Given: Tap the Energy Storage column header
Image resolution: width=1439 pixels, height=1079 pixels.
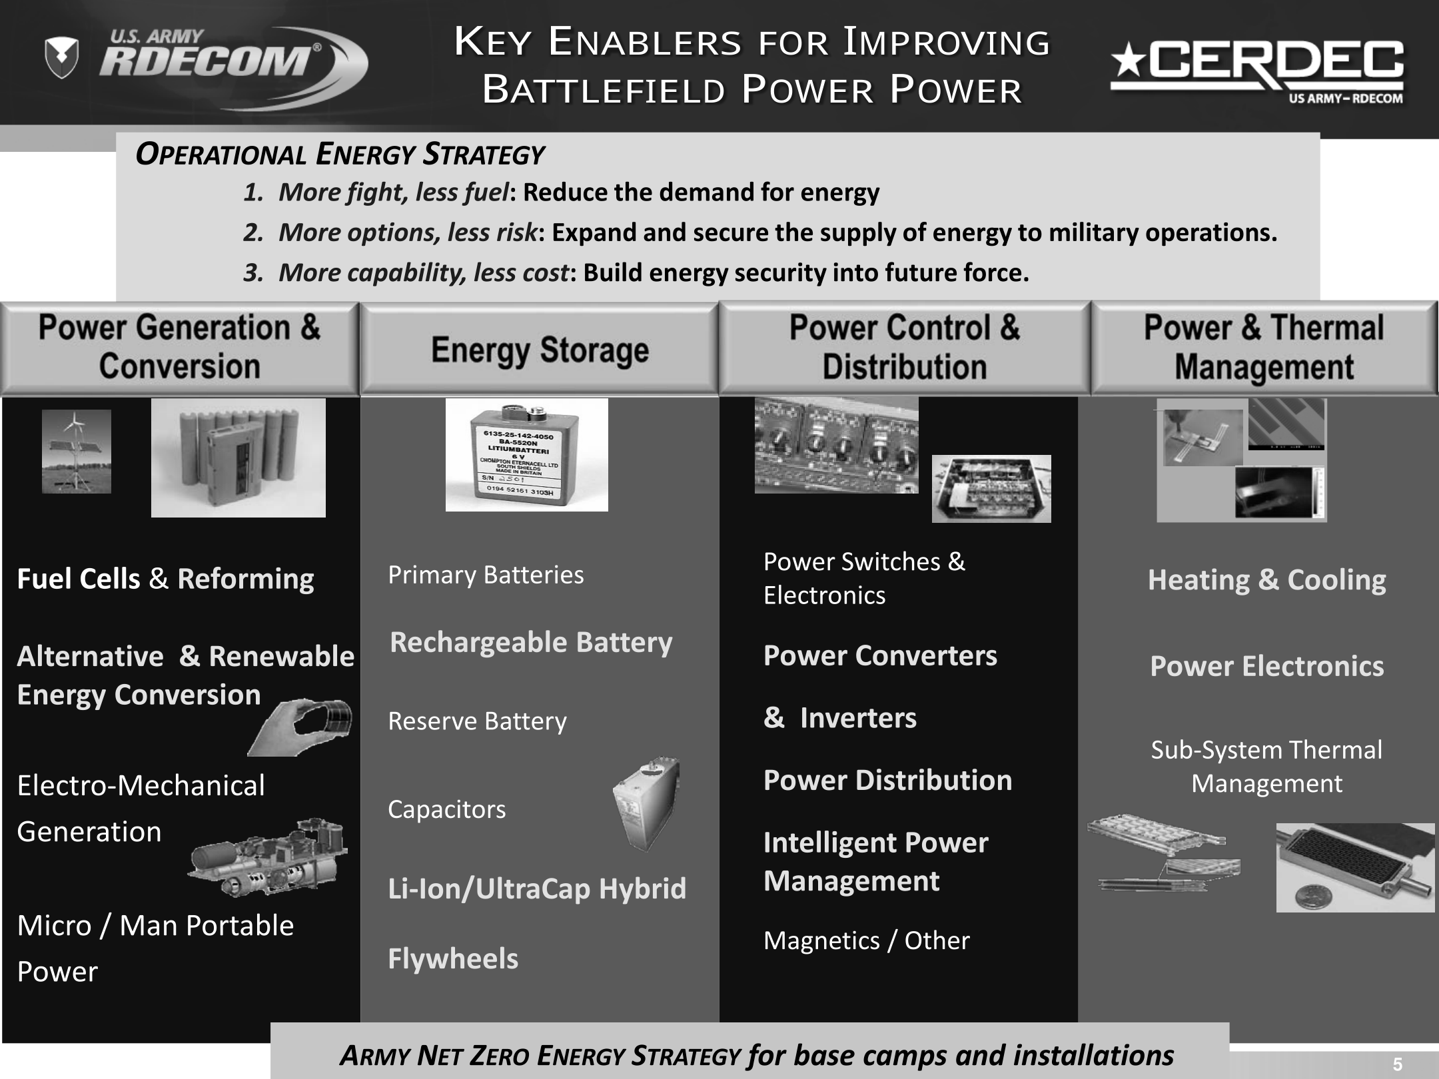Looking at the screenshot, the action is pyautogui.click(x=540, y=350).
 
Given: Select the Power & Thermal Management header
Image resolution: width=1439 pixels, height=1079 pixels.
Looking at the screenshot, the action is pyautogui.click(x=1264, y=347).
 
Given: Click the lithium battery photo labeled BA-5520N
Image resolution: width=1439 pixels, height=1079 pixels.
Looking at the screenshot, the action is pyautogui.click(x=526, y=455).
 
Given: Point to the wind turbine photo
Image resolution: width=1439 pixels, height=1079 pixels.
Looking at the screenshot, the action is pyautogui.click(x=77, y=452).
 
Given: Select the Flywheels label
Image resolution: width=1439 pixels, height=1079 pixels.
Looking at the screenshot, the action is pyautogui.click(x=453, y=958).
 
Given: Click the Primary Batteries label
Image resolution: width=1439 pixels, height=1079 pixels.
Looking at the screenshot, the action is pyautogui.click(x=486, y=574).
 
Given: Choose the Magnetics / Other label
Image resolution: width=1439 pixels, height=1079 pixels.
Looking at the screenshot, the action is pyautogui.click(x=866, y=940).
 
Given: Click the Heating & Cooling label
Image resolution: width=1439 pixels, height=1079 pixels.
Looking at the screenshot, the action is pyautogui.click(x=1266, y=579).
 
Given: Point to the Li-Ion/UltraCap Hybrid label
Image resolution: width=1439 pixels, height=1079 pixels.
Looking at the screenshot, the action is pyautogui.click(x=537, y=889).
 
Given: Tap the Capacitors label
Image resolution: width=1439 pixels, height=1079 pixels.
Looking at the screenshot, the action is pyautogui.click(x=446, y=809).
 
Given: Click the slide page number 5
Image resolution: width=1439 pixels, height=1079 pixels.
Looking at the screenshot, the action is pyautogui.click(x=1398, y=1064).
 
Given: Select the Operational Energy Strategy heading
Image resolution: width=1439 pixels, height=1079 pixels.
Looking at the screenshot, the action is pyautogui.click(x=340, y=154).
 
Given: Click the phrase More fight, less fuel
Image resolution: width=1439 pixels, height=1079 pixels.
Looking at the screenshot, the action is pyautogui.click(x=394, y=192).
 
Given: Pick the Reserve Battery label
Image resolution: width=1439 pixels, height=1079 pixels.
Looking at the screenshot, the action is pyautogui.click(x=477, y=721).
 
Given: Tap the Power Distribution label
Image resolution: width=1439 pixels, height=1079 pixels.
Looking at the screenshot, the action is pyautogui.click(x=887, y=780).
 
